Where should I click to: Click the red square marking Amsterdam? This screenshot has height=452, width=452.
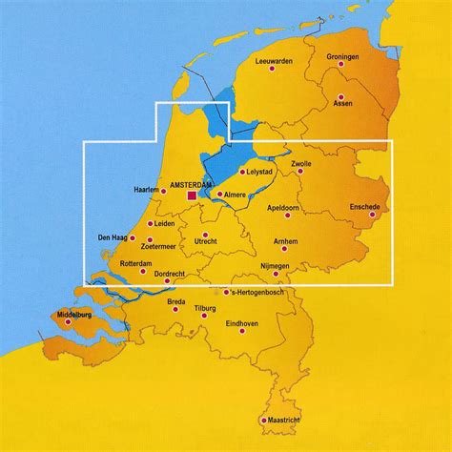tap(192, 195)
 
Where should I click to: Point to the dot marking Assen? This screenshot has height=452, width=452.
tap(338, 96)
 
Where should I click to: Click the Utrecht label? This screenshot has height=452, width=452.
tap(206, 242)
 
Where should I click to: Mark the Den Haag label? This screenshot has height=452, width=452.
tap(113, 237)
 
